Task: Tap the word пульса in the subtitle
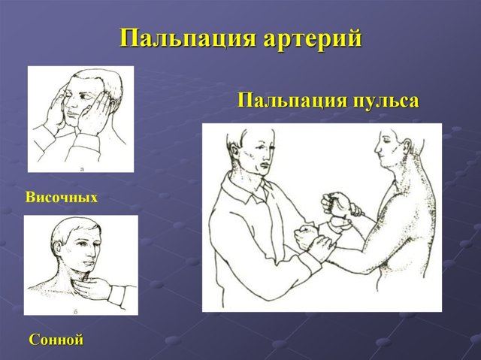(x=382, y=101)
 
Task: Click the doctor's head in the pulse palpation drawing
(x=256, y=150)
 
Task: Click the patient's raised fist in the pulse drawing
(x=334, y=203)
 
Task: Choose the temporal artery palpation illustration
(x=80, y=119)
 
